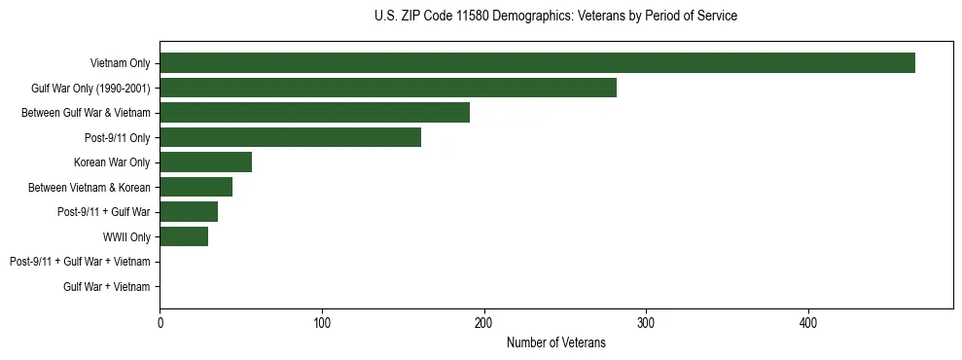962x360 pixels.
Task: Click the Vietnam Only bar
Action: (x=537, y=63)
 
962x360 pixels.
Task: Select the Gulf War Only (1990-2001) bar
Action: (x=388, y=88)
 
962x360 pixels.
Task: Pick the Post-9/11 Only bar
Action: (x=290, y=137)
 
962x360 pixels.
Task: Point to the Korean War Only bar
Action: (x=205, y=162)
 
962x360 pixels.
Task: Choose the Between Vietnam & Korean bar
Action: (x=196, y=187)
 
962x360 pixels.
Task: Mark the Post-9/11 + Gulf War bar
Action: (x=189, y=212)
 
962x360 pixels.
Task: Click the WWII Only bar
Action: (x=184, y=236)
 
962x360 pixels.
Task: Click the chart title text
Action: (x=555, y=17)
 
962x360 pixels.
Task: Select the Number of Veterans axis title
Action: (x=555, y=342)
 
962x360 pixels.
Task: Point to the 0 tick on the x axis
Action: (x=160, y=322)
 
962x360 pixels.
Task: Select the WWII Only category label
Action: (x=126, y=236)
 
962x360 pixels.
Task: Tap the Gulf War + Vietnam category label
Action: (x=106, y=286)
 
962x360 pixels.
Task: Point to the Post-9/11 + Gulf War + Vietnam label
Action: (x=80, y=262)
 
